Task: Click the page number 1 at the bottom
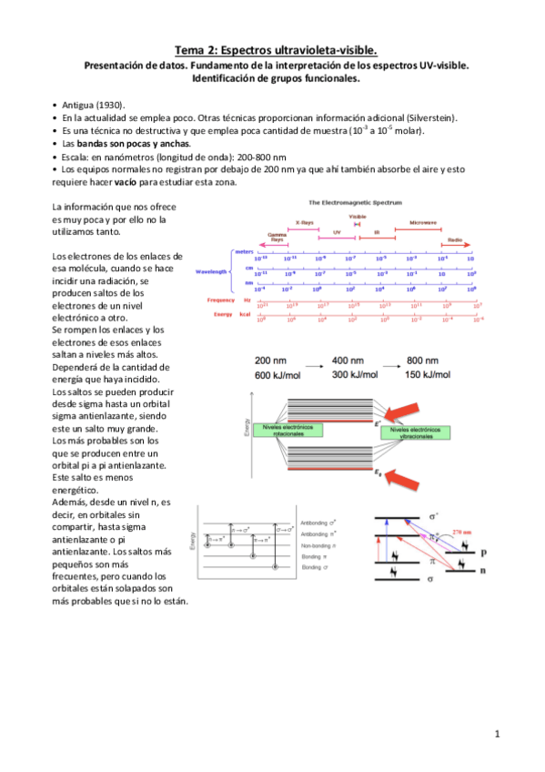pyautogui.click(x=498, y=733)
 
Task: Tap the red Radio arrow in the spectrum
pyautogui.click(x=454, y=242)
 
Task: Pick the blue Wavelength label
pyautogui.click(x=212, y=271)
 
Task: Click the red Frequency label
pyautogui.click(x=223, y=300)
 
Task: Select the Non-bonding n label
pyautogui.click(x=318, y=544)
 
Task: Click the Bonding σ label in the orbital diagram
pyautogui.click(x=315, y=566)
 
